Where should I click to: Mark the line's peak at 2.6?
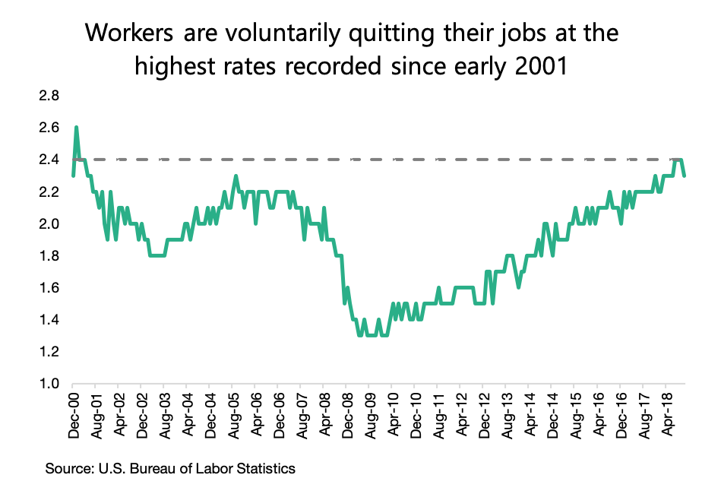click(x=76, y=128)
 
